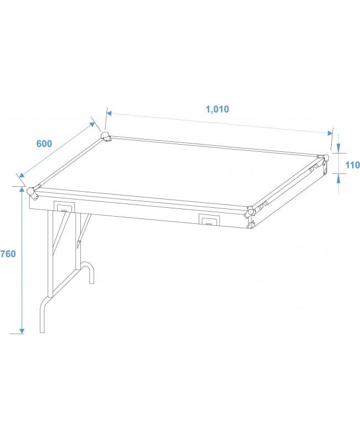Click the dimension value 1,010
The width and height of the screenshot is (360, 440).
click(217, 109)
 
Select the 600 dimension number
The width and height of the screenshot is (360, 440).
click(44, 144)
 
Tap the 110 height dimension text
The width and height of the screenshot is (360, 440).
click(352, 165)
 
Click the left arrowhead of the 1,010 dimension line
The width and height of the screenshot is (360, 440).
click(109, 114)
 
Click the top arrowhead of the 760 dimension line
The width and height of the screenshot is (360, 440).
click(22, 190)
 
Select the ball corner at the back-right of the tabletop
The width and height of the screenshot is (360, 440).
click(324, 158)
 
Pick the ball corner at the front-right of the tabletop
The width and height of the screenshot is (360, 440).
click(250, 211)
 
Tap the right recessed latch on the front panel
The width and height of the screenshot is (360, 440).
click(209, 221)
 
